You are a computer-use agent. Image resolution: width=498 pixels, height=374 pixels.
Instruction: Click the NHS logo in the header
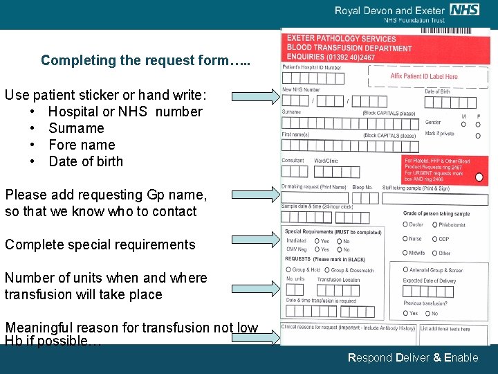464,10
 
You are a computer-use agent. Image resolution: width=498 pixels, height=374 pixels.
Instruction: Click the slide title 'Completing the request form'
145,60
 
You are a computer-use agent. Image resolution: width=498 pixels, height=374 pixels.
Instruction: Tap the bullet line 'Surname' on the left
76,128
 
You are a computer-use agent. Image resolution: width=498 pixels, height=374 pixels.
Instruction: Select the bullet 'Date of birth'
86,161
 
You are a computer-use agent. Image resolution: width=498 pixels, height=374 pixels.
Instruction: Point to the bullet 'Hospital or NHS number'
125,112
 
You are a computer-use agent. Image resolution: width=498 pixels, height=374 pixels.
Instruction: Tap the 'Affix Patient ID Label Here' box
423,77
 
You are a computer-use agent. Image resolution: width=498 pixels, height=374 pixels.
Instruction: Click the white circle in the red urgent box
479,177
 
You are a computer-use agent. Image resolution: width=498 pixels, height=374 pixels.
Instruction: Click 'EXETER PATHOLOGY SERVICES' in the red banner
332,39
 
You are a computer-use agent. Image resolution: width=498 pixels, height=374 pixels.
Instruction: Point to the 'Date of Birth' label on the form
437,91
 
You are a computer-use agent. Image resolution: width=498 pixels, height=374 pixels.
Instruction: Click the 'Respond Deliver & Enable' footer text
413,357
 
